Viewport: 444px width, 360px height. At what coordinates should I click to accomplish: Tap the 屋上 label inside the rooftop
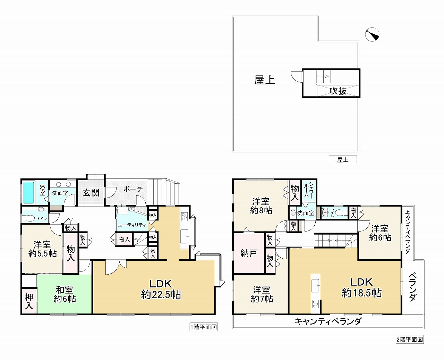coord(265,80)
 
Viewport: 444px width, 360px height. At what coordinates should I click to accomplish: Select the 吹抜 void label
coord(338,91)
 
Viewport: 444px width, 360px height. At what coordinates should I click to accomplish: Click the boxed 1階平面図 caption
coord(204,327)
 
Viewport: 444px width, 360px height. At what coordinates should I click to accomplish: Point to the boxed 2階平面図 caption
coord(410,340)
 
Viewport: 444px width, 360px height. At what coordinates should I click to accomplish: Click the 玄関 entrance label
coord(91,193)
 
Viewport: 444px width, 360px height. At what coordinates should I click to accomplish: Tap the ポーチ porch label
coord(133,189)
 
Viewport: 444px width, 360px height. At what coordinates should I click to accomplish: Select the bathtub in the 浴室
coord(29,192)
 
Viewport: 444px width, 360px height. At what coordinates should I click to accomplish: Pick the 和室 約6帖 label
coord(65,294)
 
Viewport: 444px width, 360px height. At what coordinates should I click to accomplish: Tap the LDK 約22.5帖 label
coord(161,289)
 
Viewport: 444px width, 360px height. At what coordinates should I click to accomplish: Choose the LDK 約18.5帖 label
coord(362,287)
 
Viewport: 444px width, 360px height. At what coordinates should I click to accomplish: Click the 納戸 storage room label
coord(249,253)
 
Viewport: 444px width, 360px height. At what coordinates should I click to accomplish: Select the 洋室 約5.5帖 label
coord(42,249)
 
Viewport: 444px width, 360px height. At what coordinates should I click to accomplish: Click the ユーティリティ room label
coord(132,225)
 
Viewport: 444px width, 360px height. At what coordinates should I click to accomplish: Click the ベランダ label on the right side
coord(412,287)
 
